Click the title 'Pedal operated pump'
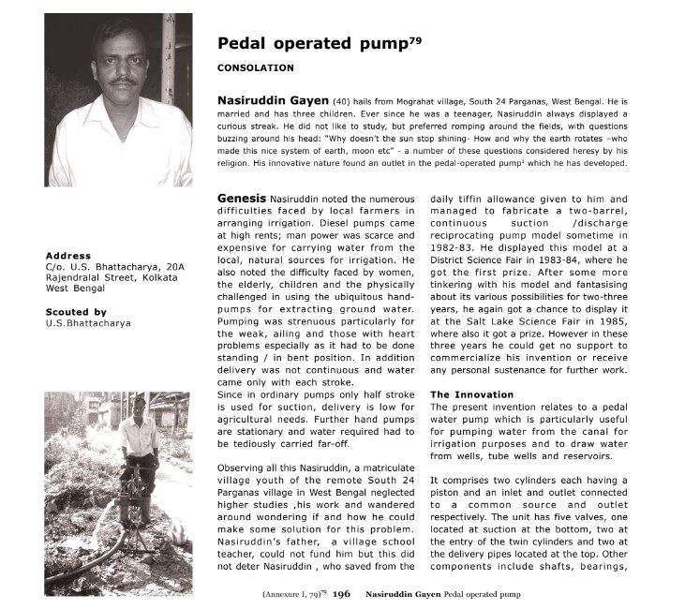tap(311, 44)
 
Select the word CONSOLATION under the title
tap(255, 68)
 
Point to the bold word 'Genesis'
tap(241, 199)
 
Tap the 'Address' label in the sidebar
tap(67, 256)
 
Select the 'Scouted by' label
tap(76, 312)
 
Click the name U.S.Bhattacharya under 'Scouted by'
tap(88, 323)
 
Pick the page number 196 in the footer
tap(341, 594)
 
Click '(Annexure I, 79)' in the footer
tap(293, 594)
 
